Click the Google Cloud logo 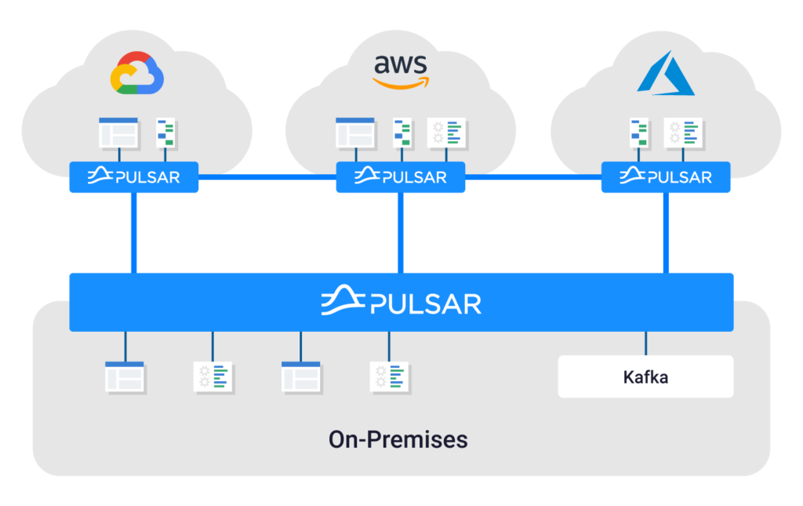[x=137, y=73]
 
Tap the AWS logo [x=401, y=71]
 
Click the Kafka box [x=646, y=377]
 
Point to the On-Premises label [x=398, y=439]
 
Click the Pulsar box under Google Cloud [x=133, y=177]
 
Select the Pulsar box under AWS [x=401, y=177]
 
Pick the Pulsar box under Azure [x=666, y=177]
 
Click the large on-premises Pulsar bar [x=401, y=302]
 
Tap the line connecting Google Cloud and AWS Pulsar [x=267, y=177]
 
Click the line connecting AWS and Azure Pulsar [x=533, y=177]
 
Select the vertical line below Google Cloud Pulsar [x=133, y=232]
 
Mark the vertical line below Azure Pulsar [x=666, y=232]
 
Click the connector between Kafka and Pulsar [x=646, y=343]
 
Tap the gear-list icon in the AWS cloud [x=446, y=133]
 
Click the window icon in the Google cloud [x=119, y=133]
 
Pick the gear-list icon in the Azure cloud [x=683, y=133]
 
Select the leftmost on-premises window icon [x=125, y=377]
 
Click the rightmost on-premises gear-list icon [x=389, y=377]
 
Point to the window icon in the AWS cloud [x=355, y=133]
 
